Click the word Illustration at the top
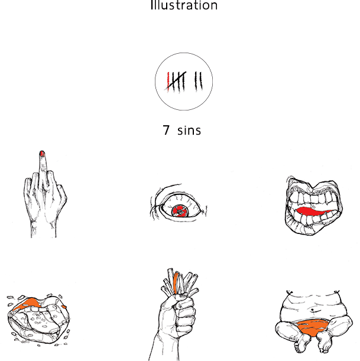[184, 5]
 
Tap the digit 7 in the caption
[166, 130]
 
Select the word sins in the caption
[189, 131]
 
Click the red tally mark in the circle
[168, 82]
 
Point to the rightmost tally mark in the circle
[200, 81]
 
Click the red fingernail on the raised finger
[42, 154]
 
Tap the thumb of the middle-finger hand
[61, 196]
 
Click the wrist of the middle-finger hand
[44, 229]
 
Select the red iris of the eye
[180, 211]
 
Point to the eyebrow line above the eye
[167, 188]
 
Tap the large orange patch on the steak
[29, 303]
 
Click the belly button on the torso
[313, 310]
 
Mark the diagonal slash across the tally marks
[176, 80]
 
